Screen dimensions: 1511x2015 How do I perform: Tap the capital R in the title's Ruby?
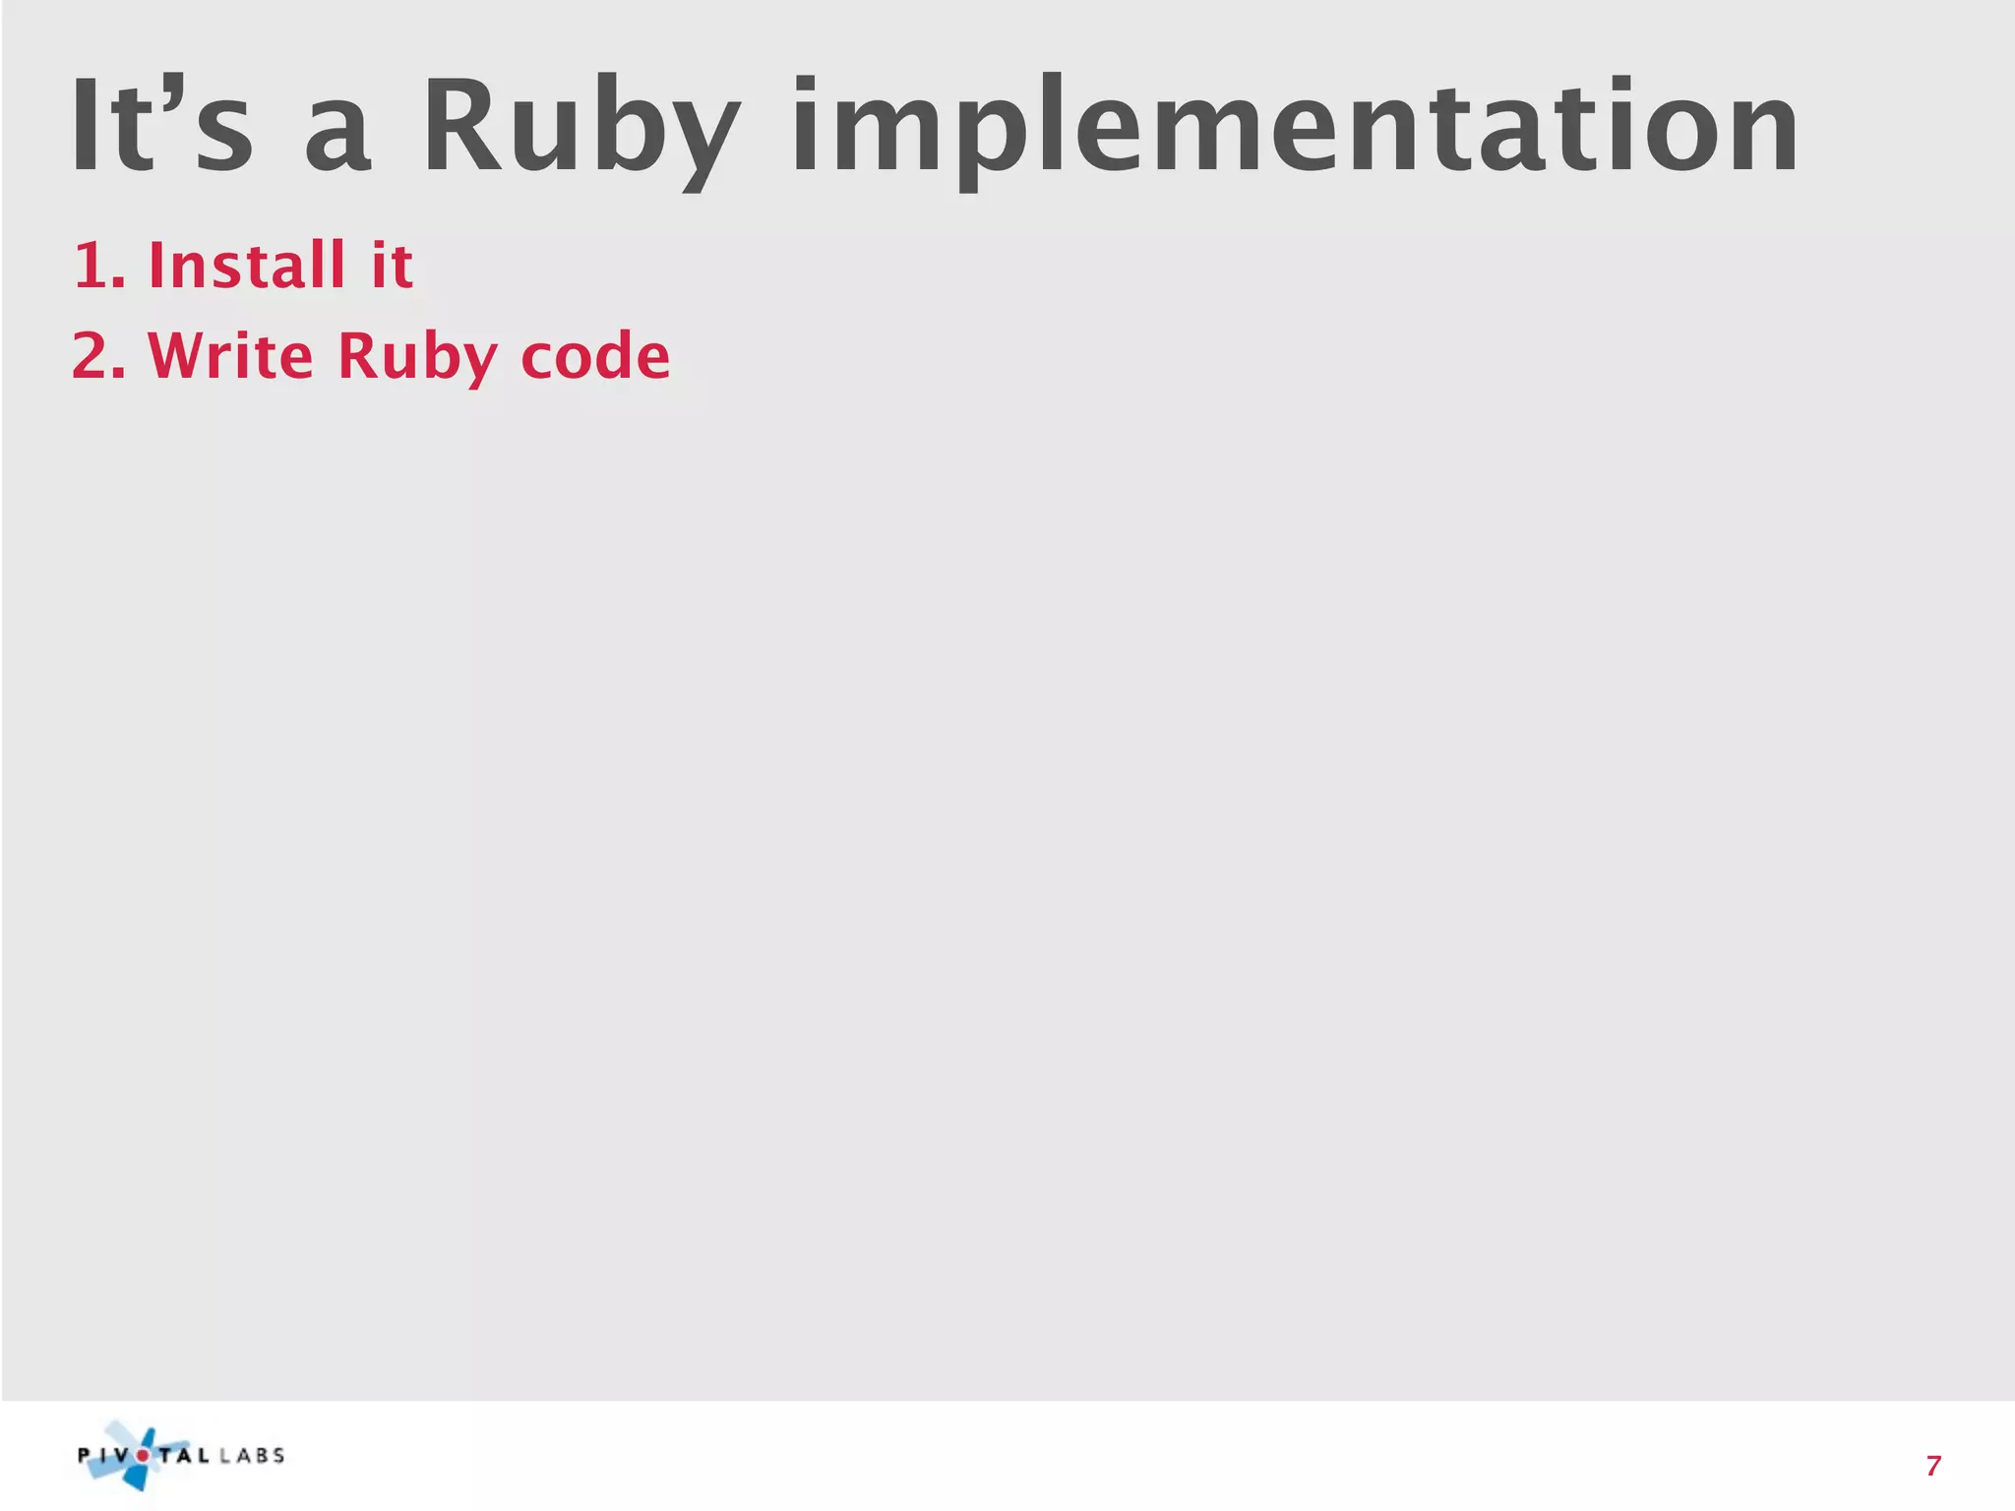[460, 126]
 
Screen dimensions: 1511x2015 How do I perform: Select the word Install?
[246, 265]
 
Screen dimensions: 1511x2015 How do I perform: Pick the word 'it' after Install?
[392, 266]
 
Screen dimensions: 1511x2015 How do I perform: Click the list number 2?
[95, 355]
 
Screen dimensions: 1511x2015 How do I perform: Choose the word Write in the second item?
[230, 355]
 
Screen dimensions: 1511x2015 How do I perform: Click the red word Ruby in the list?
[417, 357]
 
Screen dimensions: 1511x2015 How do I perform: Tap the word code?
[594, 355]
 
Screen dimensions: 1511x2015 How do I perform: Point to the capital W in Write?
[178, 355]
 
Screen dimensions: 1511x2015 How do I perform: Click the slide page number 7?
[1933, 1466]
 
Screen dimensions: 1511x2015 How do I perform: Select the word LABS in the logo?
[252, 1456]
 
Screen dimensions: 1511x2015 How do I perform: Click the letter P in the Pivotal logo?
[85, 1456]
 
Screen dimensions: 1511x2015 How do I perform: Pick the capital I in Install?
[155, 265]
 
